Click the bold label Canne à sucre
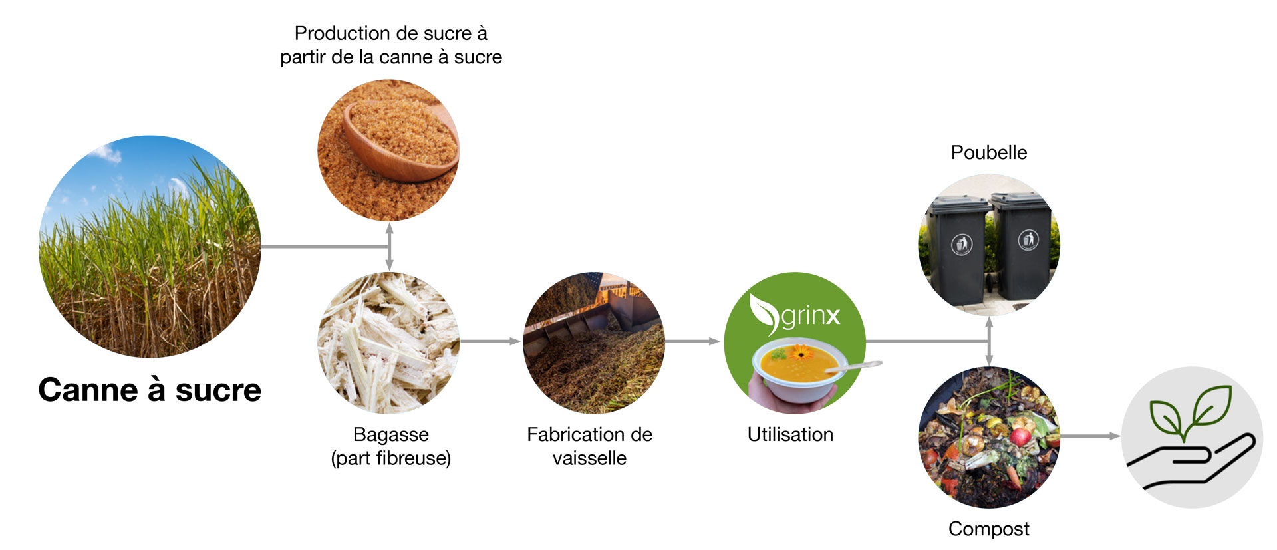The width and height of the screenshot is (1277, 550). (x=150, y=390)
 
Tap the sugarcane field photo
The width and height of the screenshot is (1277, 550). (x=150, y=247)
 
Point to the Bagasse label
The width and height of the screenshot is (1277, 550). (x=391, y=434)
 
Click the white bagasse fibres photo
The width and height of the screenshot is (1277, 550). (x=389, y=343)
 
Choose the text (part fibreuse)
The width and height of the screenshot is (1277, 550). (x=391, y=458)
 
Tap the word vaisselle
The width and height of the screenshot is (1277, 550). (x=589, y=458)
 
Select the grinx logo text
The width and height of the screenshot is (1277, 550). (x=811, y=315)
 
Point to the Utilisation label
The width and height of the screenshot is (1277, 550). (x=790, y=434)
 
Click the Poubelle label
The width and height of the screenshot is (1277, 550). (x=989, y=152)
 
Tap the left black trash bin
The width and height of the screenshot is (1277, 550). (x=958, y=249)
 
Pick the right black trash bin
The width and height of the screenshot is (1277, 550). (x=1022, y=246)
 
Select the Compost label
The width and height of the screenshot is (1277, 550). (x=989, y=529)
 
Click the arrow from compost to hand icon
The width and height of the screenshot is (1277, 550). (x=1089, y=436)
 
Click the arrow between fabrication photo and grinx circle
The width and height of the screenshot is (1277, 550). (x=693, y=341)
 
